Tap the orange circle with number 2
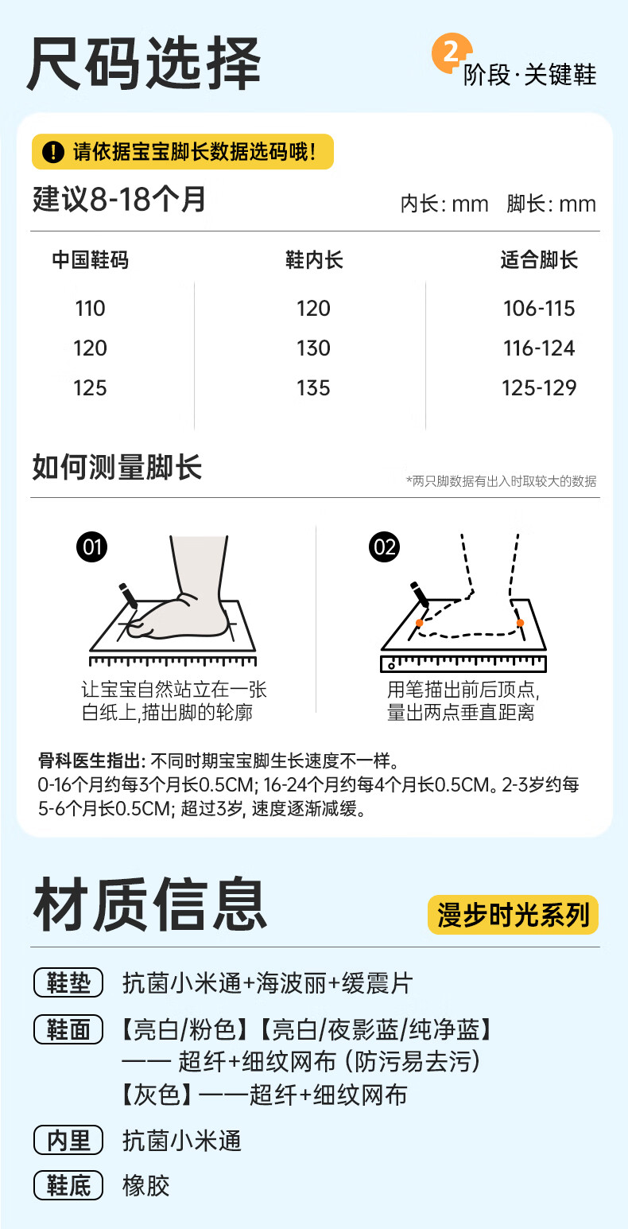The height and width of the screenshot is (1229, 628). [450, 54]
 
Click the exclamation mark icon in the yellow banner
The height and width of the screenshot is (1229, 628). [52, 152]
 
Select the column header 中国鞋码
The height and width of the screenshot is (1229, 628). [90, 260]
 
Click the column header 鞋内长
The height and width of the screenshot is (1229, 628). [313, 260]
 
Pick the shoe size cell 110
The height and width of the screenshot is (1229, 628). [90, 309]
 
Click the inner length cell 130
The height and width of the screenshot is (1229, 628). [313, 348]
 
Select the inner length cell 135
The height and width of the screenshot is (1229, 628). [313, 388]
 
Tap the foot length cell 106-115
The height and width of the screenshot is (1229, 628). [538, 309]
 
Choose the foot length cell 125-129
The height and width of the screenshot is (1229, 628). [538, 388]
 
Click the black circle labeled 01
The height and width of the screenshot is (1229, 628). [92, 547]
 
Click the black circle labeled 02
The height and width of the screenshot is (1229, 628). [385, 547]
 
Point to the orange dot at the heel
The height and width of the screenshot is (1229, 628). [520, 622]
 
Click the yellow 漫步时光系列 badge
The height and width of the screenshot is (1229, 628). [512, 915]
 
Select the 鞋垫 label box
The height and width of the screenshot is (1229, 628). [68, 984]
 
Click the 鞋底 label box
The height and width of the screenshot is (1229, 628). [68, 1186]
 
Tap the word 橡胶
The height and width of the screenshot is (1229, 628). [146, 1186]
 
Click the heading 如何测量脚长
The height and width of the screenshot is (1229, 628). [117, 468]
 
